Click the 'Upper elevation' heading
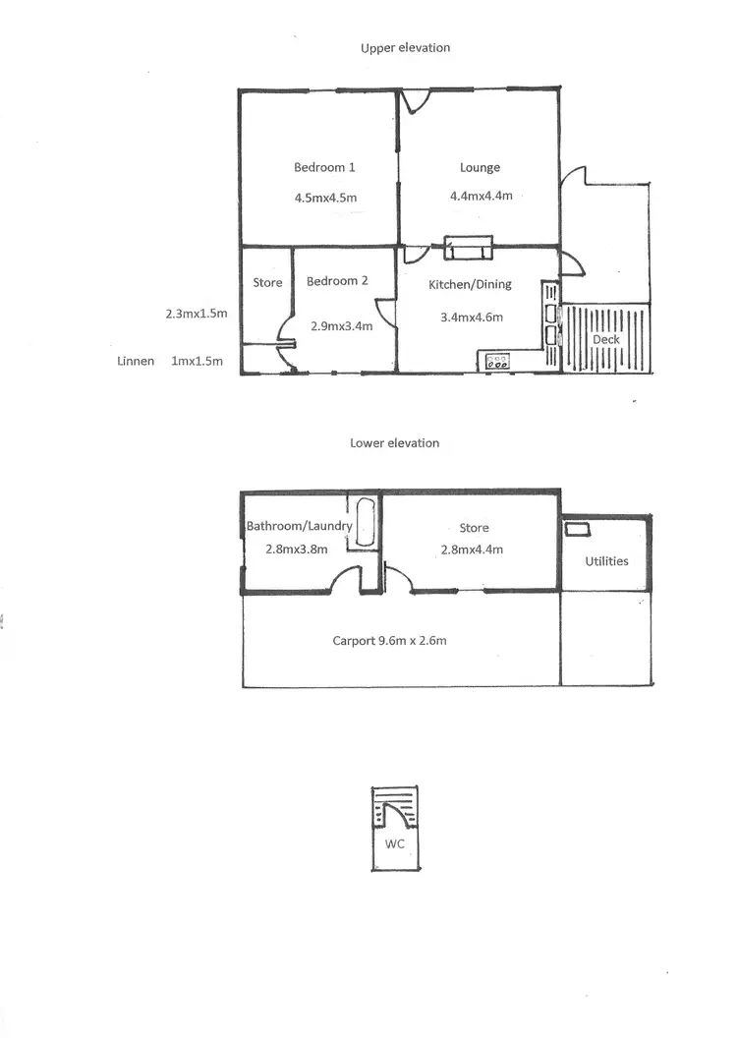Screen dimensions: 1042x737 point(405,47)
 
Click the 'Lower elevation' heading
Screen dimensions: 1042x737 point(394,443)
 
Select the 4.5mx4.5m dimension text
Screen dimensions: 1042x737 point(325,198)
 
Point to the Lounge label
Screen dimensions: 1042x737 point(480,168)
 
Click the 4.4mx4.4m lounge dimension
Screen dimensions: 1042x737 point(481,196)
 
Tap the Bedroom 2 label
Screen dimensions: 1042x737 point(337,281)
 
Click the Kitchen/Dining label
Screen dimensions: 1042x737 point(466,285)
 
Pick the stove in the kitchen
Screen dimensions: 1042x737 point(497,362)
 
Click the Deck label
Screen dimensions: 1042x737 point(605,340)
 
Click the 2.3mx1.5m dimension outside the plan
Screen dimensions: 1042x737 point(197,315)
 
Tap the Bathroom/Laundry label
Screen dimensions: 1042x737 point(299,526)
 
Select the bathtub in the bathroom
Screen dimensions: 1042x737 point(365,523)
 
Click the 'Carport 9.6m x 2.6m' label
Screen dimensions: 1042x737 point(390,641)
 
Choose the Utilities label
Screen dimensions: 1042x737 point(606,561)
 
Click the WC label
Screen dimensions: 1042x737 point(395,843)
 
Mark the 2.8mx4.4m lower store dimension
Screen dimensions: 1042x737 point(474,550)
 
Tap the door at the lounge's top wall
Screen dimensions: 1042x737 point(414,99)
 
